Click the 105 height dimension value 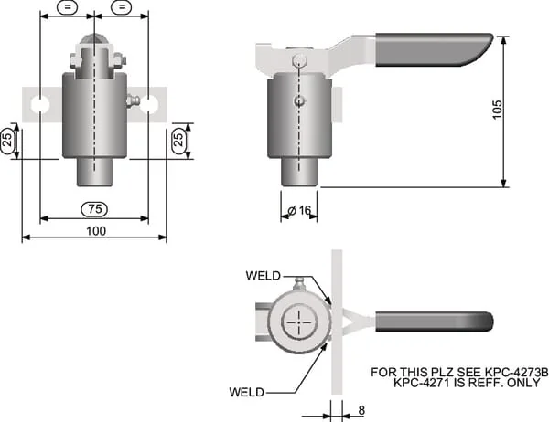tap(497, 110)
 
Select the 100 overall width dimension tap(96, 231)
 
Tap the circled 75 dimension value tap(94, 209)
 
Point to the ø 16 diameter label tap(299, 210)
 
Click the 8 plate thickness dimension tap(361, 410)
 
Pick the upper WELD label tap(264, 276)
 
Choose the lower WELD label tap(247, 392)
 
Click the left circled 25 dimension tap(7, 139)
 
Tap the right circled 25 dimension tap(178, 138)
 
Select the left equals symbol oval tap(67, 7)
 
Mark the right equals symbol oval tap(122, 7)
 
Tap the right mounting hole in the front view tap(149, 104)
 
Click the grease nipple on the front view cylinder tap(134, 101)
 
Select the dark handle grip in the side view tap(434, 49)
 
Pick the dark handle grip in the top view tap(434, 322)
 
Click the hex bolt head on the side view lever tap(298, 61)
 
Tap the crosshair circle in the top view tap(299, 322)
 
